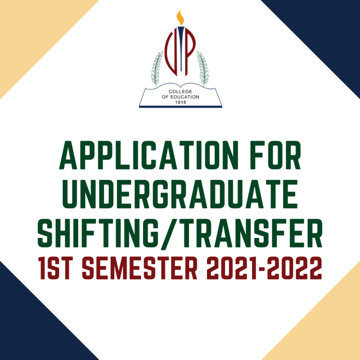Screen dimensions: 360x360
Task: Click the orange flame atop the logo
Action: tap(180, 18)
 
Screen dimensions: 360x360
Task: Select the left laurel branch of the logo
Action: tap(157, 67)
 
